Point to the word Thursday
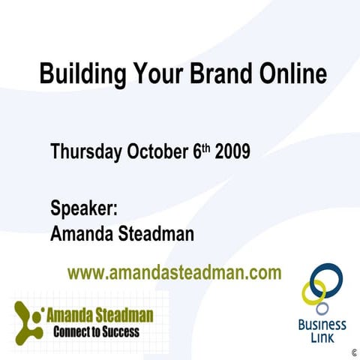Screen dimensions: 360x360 tap(85, 152)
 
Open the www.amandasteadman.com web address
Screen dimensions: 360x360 tap(175, 272)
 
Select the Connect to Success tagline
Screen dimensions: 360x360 tap(96, 331)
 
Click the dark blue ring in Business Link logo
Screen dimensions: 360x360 tap(328, 278)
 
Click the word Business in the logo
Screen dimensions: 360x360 tap(322, 325)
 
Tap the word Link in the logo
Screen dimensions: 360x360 tap(322, 338)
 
